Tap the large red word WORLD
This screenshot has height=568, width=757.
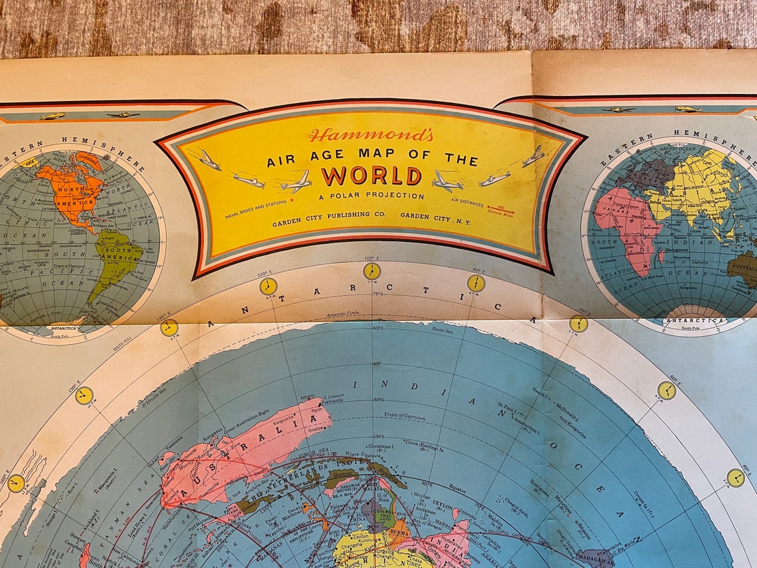pos(371,175)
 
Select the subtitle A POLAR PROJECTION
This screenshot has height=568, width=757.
pos(371,196)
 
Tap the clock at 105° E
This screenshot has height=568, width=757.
pos(371,271)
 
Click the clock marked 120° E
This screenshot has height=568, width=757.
pos(268,286)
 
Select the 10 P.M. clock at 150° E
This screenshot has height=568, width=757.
pos(84,395)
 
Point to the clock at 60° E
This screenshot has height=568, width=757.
pos(667,391)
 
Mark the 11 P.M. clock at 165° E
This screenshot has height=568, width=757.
pos(16,482)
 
